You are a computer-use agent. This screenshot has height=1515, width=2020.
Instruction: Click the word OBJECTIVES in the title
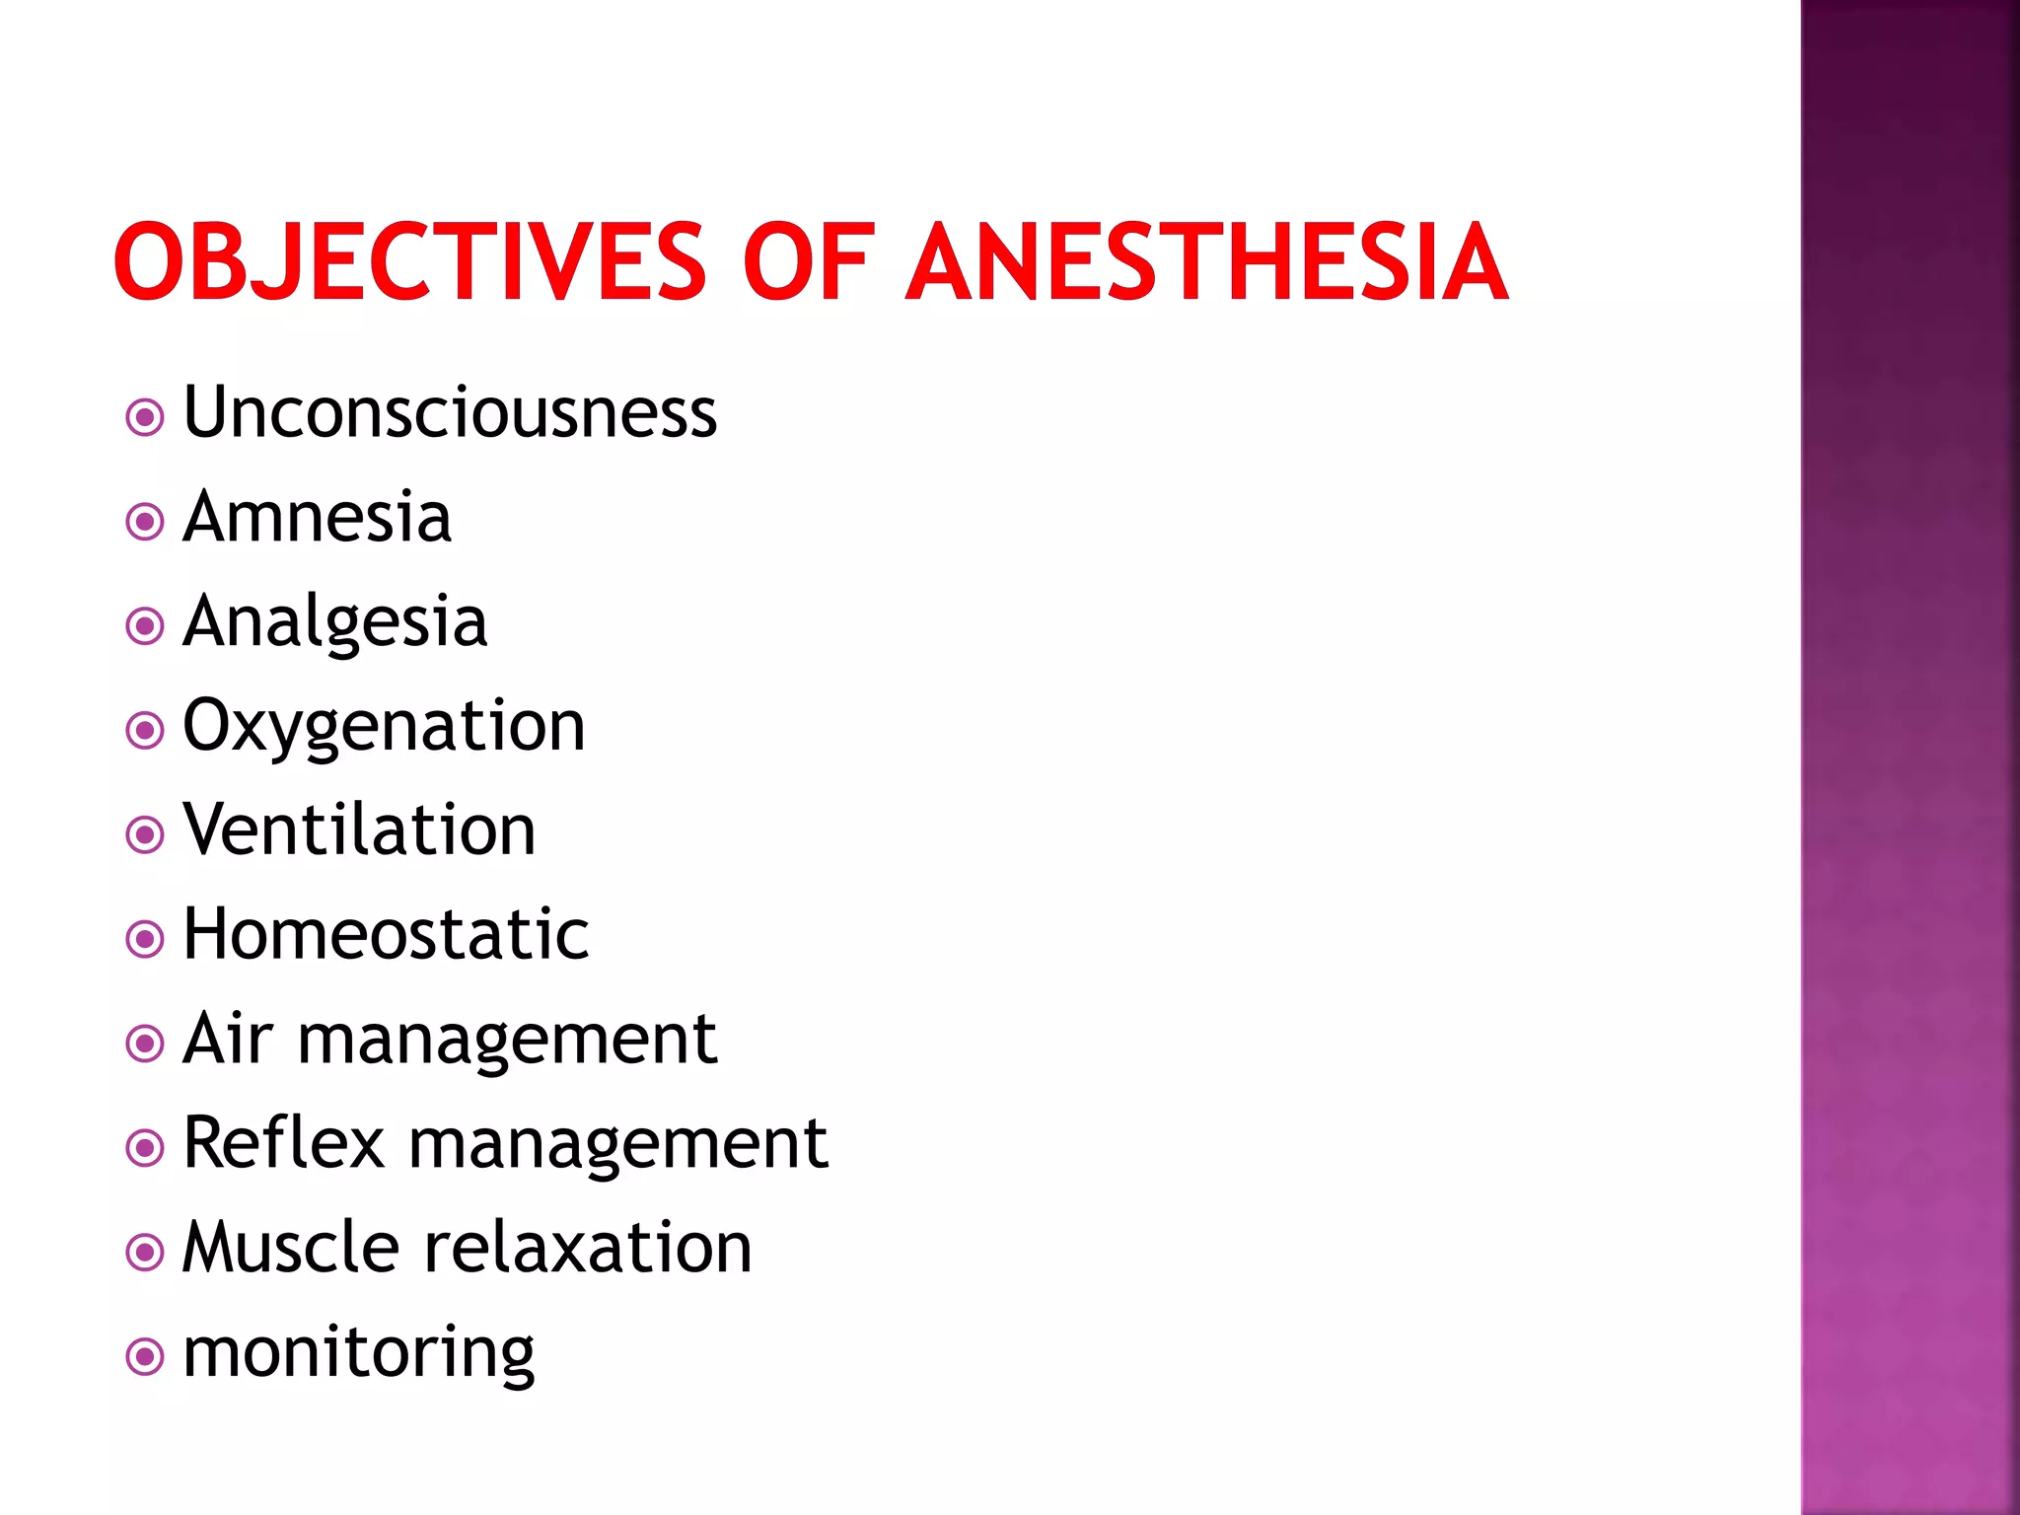(409, 261)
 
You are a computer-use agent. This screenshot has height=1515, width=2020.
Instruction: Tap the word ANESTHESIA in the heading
(1206, 261)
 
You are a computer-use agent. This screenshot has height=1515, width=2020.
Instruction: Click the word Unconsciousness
(450, 412)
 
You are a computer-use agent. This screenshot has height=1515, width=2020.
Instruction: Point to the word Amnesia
(317, 517)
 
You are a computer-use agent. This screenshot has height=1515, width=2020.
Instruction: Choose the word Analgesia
(334, 622)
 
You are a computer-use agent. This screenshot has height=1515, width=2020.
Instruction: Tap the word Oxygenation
(384, 728)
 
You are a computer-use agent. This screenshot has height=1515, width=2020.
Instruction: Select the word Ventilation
(359, 830)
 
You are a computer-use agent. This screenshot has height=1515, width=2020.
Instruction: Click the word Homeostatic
(386, 934)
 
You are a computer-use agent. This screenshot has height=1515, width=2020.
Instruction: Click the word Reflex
(283, 1143)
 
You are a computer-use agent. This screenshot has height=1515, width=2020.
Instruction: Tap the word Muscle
(290, 1248)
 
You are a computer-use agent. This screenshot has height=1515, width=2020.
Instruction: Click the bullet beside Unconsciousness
(145, 417)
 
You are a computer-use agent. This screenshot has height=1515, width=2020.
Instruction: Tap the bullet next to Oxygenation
(145, 731)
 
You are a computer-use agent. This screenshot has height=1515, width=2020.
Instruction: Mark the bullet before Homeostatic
(145, 939)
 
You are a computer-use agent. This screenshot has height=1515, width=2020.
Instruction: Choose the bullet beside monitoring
(145, 1357)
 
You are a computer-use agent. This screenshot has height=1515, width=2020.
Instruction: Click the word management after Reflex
(617, 1145)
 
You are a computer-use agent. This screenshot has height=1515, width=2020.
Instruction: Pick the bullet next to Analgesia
(145, 626)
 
